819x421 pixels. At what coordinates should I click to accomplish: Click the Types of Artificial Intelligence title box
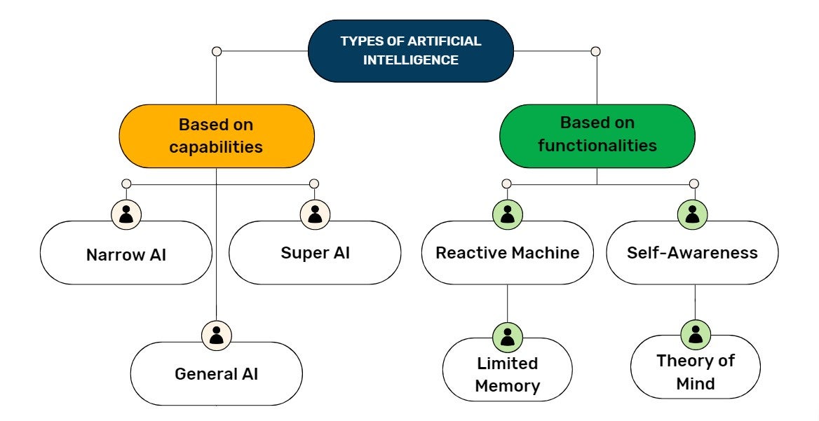tap(411, 50)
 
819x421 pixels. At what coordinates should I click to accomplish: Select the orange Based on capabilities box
tap(216, 137)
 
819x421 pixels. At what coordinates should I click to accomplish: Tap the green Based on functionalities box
tap(597, 135)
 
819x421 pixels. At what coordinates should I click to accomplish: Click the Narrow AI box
tap(126, 254)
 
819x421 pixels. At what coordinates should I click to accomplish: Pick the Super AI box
tap(315, 253)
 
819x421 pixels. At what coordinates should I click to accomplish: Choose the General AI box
tap(216, 374)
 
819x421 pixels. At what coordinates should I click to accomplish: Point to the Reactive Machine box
tap(507, 253)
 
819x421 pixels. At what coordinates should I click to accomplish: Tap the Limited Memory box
tap(507, 374)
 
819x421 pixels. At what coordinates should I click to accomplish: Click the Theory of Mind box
tap(695, 372)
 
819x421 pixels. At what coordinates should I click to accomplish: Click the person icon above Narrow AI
tap(126, 214)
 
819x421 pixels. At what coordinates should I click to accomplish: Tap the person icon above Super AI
tap(315, 214)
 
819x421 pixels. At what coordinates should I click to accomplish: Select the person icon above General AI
tap(216, 335)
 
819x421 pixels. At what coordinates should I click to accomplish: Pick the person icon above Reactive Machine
tap(507, 214)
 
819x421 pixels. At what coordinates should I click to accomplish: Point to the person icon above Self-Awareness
tap(693, 214)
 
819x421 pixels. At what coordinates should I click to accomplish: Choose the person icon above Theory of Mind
tap(695, 333)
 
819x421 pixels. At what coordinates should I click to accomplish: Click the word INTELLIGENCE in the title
tap(411, 60)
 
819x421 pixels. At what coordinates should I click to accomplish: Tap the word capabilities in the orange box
tap(216, 148)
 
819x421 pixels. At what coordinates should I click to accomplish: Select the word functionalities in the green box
tap(597, 146)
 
